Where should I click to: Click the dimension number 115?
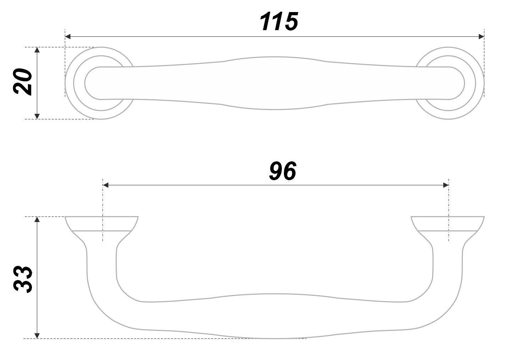278,22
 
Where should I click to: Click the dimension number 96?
282,171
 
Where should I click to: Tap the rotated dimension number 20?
23,82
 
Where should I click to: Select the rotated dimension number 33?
23,279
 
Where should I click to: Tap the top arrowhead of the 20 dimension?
37,50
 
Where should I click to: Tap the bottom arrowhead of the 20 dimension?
37,116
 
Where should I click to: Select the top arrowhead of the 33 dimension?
37,220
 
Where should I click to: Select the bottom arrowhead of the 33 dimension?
37,335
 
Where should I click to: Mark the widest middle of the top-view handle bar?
275,83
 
